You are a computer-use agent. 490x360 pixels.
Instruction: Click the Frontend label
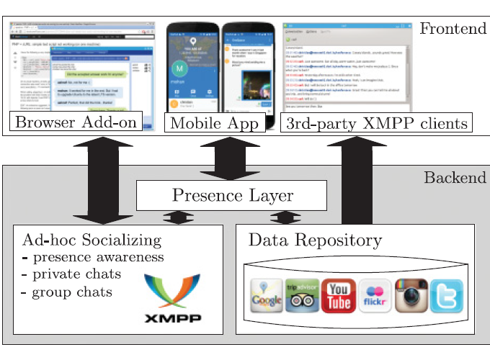tap(453, 29)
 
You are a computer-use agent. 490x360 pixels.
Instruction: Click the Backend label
tap(454, 178)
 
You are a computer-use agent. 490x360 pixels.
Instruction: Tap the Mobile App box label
tap(213, 123)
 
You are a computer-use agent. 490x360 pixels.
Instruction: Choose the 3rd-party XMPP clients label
tap(377, 123)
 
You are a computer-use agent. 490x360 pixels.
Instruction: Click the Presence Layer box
tap(233, 195)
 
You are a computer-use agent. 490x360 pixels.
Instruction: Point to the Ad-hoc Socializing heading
tap(92, 240)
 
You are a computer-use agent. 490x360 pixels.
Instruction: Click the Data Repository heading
tap(314, 240)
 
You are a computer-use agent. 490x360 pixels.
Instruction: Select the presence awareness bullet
tap(93, 257)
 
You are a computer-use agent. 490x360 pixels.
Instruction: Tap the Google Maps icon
tap(266, 296)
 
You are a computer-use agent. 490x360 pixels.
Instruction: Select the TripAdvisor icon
tap(302, 296)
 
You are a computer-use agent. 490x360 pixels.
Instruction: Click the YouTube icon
tap(339, 296)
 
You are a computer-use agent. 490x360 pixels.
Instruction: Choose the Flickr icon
tap(375, 296)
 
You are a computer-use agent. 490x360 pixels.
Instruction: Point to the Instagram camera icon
tap(411, 296)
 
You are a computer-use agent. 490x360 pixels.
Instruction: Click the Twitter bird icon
tap(447, 296)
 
